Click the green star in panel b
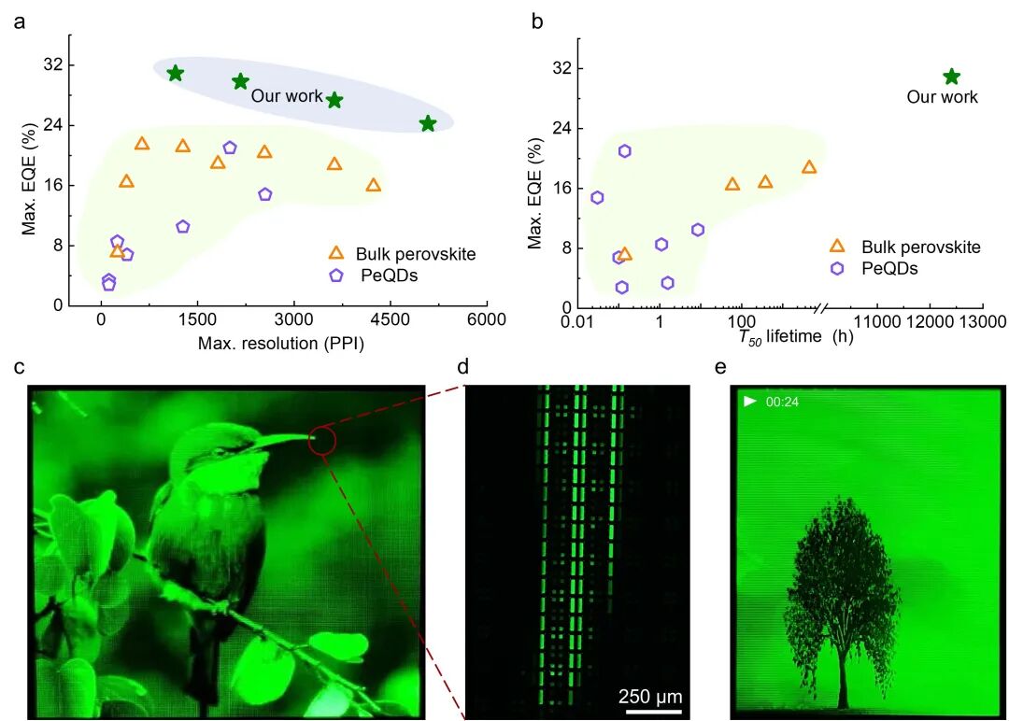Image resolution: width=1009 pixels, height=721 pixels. (951, 77)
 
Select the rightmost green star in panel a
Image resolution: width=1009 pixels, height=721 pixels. (428, 123)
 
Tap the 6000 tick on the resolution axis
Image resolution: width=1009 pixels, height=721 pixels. (487, 320)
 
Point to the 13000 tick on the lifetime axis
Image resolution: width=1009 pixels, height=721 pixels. (981, 322)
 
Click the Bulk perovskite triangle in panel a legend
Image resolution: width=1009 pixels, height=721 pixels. (336, 253)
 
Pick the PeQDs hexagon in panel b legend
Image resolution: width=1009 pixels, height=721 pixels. (837, 268)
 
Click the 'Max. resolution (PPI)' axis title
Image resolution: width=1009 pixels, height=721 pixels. (280, 343)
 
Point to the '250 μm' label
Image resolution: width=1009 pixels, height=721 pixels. (650, 696)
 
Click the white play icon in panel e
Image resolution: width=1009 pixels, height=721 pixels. (749, 402)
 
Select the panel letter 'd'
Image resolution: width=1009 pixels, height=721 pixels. (462, 367)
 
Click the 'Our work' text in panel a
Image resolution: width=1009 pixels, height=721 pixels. (286, 96)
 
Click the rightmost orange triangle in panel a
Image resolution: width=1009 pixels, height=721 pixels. (374, 185)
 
